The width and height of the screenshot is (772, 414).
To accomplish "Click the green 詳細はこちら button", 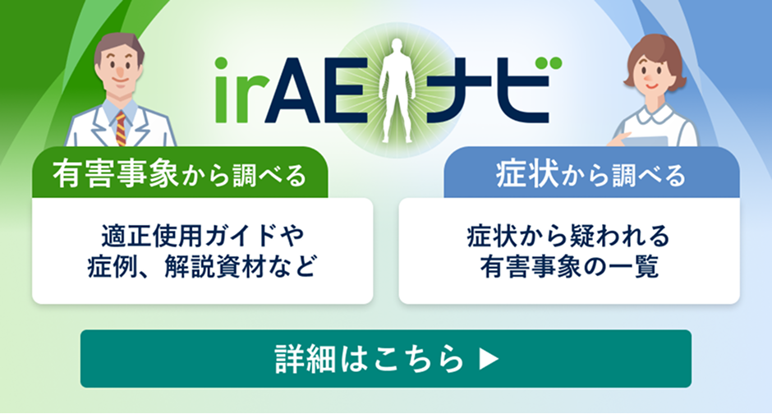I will [385, 358].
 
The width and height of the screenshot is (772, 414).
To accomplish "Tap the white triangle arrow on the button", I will [489, 359].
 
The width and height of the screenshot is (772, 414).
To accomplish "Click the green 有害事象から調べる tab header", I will [180, 174].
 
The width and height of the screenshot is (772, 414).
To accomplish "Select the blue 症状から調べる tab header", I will [590, 174].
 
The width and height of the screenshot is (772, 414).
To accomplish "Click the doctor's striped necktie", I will [121, 127].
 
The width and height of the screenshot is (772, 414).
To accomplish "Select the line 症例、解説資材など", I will [202, 268].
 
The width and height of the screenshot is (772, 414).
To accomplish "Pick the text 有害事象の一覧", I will [568, 268].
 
